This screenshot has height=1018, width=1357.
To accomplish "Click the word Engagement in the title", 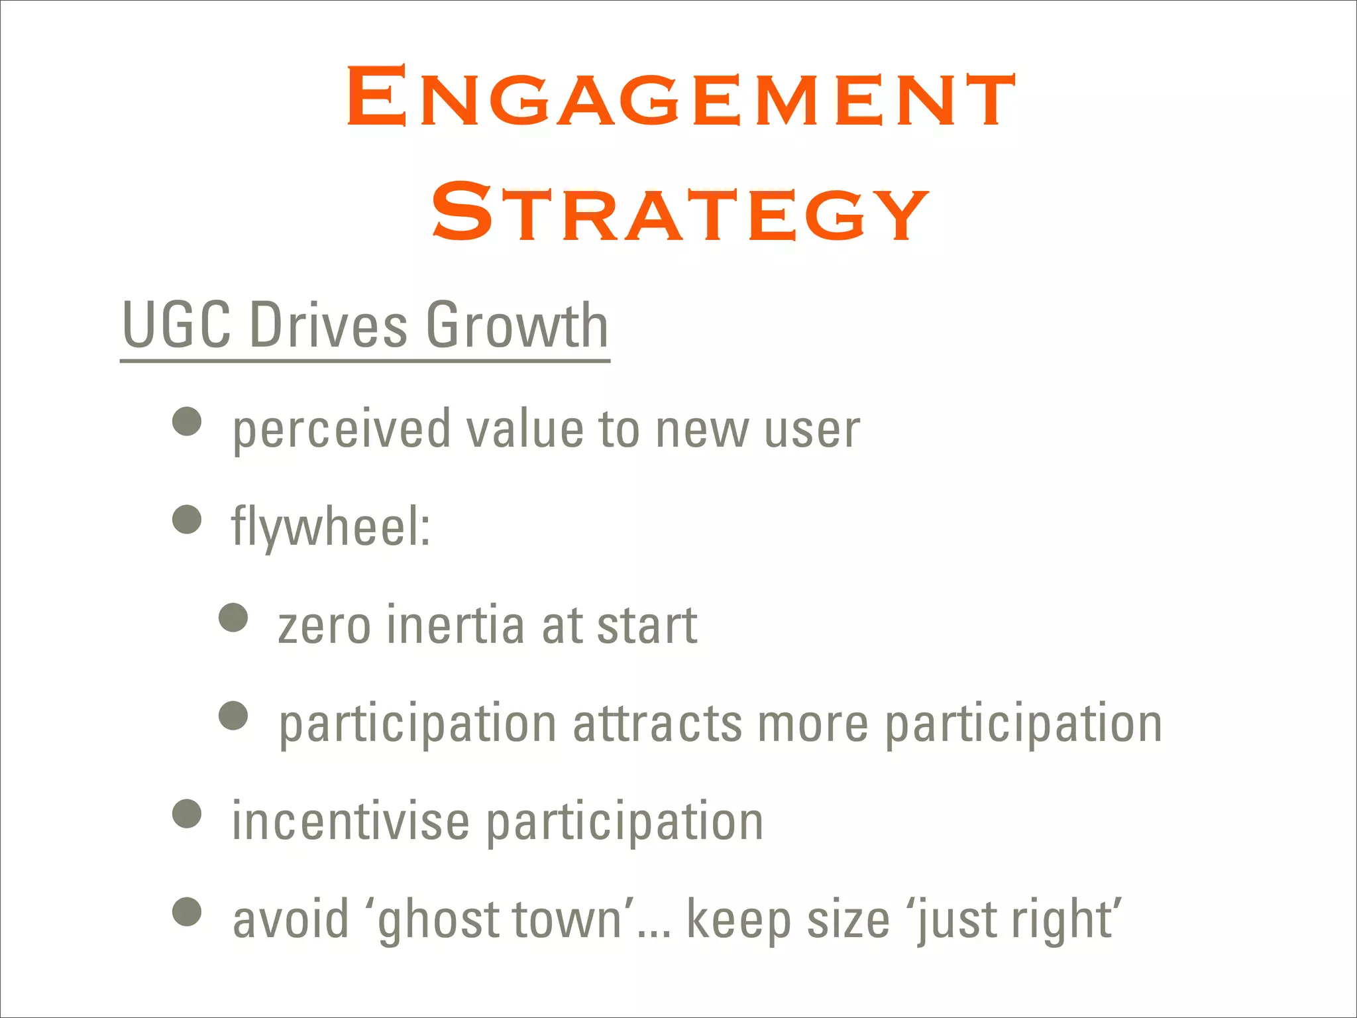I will pyautogui.click(x=680, y=97).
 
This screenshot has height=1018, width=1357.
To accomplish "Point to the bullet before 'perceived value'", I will pyautogui.click(x=187, y=422).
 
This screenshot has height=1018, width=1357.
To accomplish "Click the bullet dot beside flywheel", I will pyautogui.click(x=187, y=519).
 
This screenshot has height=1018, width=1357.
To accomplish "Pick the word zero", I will pyautogui.click(x=324, y=626).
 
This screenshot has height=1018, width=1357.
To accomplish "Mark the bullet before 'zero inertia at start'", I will pyautogui.click(x=233, y=618).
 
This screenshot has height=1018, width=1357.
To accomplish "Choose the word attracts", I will pyautogui.click(x=657, y=724).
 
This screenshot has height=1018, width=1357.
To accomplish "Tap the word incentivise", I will pyautogui.click(x=351, y=822).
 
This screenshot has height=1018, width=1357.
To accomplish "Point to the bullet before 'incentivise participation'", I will pyautogui.click(x=187, y=814).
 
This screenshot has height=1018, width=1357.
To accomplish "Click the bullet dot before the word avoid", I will pyautogui.click(x=187, y=912).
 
